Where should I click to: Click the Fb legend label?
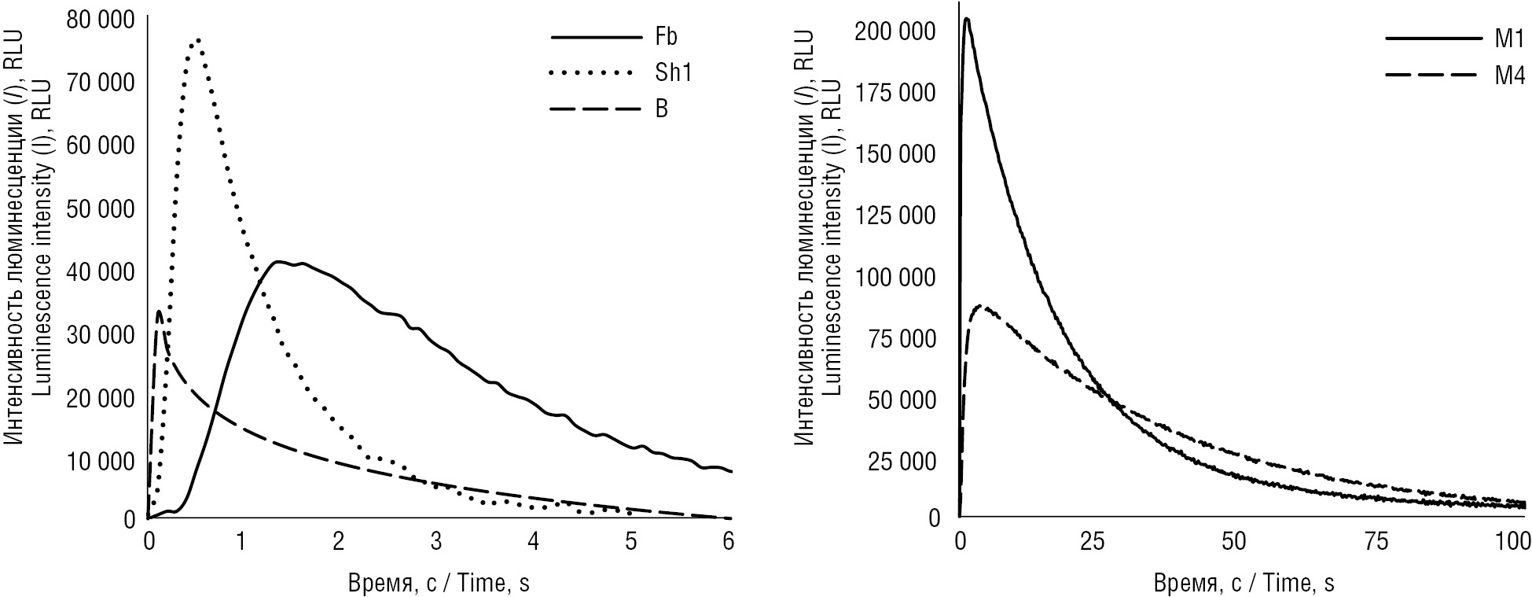coord(665,37)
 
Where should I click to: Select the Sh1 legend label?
coord(674,73)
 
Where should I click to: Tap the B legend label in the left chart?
coord(662,109)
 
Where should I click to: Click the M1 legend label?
coord(1510,39)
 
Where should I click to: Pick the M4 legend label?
coord(1510,76)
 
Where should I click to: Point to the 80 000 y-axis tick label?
coord(100,19)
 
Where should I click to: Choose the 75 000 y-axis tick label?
coord(905,339)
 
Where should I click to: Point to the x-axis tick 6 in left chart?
coord(727,542)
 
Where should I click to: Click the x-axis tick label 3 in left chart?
coord(436,542)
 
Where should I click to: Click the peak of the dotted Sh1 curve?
coord(198,39)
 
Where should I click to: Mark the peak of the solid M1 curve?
coord(966,19)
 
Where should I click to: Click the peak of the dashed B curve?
coord(159,311)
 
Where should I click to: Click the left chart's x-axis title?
coord(439,584)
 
